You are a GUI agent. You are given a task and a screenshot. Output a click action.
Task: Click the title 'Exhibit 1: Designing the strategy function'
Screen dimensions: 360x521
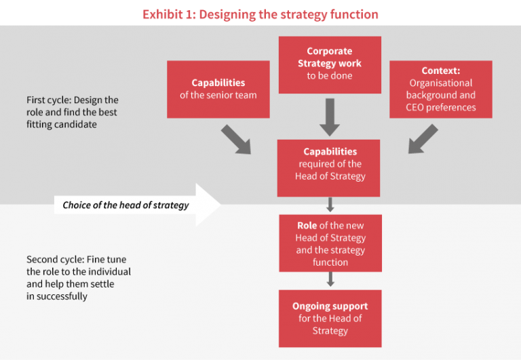pos(260,14)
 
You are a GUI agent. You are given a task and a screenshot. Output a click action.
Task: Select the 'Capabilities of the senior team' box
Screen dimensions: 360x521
pos(218,89)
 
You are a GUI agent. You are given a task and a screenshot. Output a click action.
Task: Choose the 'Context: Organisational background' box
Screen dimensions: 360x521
pos(440,89)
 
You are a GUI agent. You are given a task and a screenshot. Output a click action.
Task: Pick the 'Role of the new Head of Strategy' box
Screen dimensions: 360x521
pos(330,243)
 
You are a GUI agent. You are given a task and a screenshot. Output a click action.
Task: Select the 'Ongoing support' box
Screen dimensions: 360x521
pos(330,319)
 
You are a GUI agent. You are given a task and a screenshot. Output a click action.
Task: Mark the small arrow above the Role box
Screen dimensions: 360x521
pos(330,205)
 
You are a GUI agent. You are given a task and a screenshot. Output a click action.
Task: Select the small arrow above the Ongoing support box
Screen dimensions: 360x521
pos(330,279)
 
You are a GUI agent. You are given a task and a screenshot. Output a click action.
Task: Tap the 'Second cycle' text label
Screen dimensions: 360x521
pos(79,278)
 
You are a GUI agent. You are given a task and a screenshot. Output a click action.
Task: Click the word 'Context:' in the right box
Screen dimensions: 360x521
pos(440,71)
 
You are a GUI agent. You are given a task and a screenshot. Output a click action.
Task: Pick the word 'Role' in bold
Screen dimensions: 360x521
pos(307,226)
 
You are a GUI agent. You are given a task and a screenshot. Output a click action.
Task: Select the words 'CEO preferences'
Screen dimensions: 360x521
pos(440,107)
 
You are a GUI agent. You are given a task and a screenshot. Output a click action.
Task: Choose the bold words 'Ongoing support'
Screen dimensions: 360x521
pos(330,306)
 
